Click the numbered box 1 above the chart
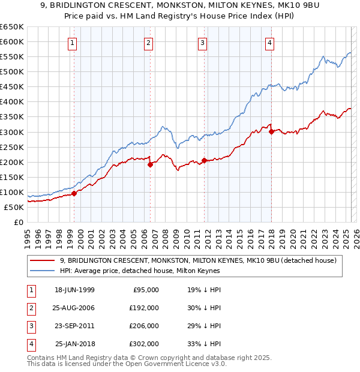(x=72, y=43)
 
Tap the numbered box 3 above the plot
(x=203, y=43)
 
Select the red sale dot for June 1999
(x=74, y=193)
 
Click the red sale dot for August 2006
(x=150, y=164)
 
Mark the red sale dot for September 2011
(x=205, y=160)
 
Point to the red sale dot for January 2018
(x=271, y=131)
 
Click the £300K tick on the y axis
(x=12, y=132)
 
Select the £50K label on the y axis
(x=14, y=207)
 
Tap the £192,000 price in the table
(x=144, y=308)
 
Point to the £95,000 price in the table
(x=146, y=290)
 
